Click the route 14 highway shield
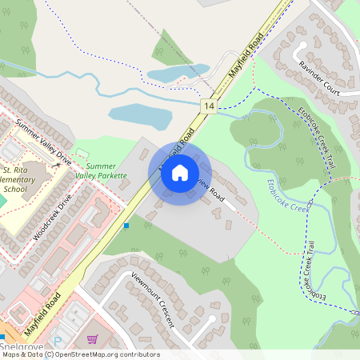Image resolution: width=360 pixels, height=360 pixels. (209, 106)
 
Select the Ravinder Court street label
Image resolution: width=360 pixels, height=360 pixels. (319, 78)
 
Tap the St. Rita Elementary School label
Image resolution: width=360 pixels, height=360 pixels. (20, 180)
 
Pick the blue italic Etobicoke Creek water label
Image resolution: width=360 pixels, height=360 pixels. (287, 195)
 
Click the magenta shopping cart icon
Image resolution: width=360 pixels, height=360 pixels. (93, 339)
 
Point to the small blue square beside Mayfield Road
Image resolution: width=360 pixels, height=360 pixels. (126, 226)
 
